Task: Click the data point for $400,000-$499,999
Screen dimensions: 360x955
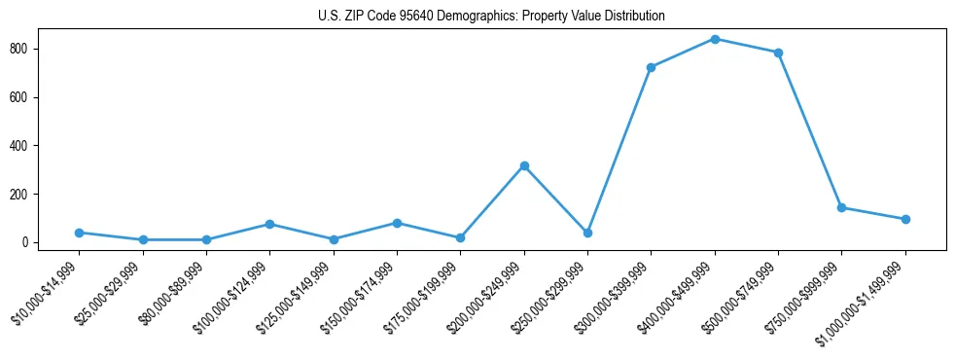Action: [715, 39]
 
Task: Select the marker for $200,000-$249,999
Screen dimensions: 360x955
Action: [524, 166]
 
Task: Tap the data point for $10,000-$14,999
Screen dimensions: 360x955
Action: [79, 233]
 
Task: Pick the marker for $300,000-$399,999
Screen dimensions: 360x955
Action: [651, 67]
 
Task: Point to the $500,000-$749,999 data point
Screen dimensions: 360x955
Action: [778, 53]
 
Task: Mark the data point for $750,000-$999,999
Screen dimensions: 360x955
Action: [841, 207]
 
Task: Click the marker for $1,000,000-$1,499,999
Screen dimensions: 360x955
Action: [905, 219]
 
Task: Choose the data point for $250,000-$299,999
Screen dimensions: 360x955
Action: [587, 234]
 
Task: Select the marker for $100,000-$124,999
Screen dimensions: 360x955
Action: [269, 224]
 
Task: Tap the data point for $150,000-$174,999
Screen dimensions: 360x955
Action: [397, 223]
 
